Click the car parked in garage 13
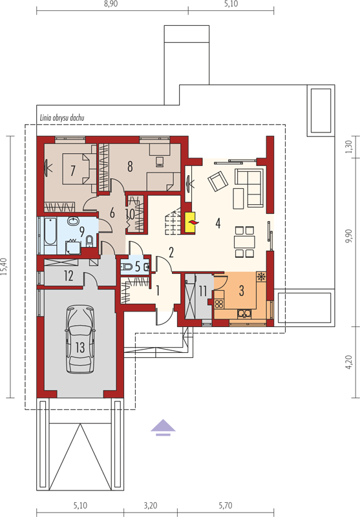(x=80, y=339)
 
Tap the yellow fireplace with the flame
(x=191, y=223)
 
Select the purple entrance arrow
(x=163, y=428)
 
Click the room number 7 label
(x=73, y=171)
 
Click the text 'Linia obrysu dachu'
(x=62, y=118)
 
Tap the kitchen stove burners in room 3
(x=219, y=303)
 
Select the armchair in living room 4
(x=218, y=181)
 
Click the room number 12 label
(x=69, y=276)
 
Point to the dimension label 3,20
(x=151, y=505)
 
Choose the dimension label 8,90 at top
(x=111, y=4)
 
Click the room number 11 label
(x=202, y=291)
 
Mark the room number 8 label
(x=130, y=166)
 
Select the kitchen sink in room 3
(x=244, y=313)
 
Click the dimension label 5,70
(x=226, y=505)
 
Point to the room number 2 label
(x=171, y=252)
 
